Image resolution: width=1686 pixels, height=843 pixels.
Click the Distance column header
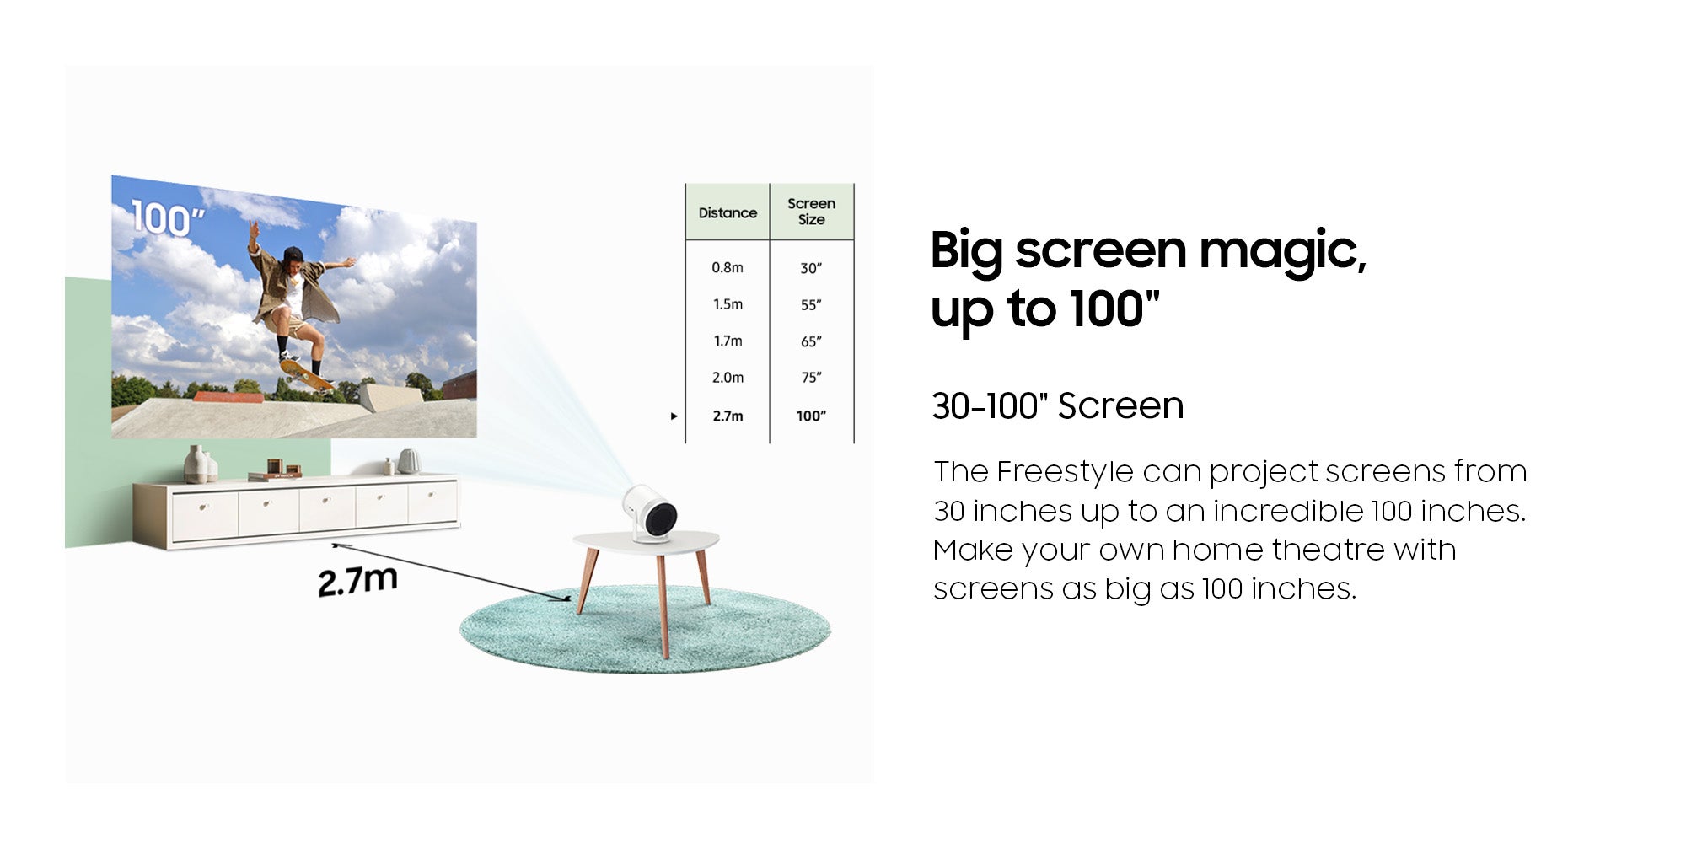pos(728,212)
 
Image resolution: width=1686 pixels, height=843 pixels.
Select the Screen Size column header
pos(811,212)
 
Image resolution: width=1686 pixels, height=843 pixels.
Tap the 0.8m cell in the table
pos(728,267)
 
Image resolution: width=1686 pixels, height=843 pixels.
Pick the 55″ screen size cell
pos(811,304)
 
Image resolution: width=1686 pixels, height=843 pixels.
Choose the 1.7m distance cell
pos(728,341)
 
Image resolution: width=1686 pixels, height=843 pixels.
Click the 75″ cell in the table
pos(811,378)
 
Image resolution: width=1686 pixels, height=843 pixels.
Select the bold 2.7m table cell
pos(728,416)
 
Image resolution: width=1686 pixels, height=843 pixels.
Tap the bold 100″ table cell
pos(811,416)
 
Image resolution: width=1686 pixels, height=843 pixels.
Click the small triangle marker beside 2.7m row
pos(674,416)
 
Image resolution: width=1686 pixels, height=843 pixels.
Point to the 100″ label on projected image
pos(168,218)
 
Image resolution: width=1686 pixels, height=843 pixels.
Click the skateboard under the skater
pos(306,373)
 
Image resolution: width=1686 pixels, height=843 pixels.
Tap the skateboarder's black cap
pos(293,254)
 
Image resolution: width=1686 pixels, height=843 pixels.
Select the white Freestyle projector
pos(650,513)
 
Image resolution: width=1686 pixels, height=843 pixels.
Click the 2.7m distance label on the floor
pos(357,581)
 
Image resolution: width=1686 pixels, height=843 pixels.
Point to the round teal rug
pos(645,629)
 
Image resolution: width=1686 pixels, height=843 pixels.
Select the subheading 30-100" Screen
pos(1058,405)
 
